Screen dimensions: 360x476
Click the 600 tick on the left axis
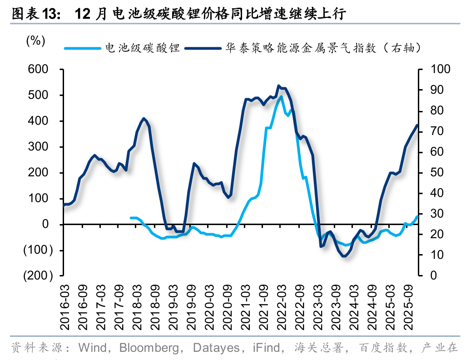[39, 70]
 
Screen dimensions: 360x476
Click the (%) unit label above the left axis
[36, 41]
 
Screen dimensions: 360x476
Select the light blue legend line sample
[82, 48]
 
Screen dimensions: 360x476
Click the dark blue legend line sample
[203, 48]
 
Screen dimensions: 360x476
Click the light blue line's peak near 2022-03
[281, 96]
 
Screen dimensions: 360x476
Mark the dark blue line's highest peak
[278, 85]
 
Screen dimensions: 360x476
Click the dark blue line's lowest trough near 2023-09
[344, 256]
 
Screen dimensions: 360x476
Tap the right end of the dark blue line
[417, 125]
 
